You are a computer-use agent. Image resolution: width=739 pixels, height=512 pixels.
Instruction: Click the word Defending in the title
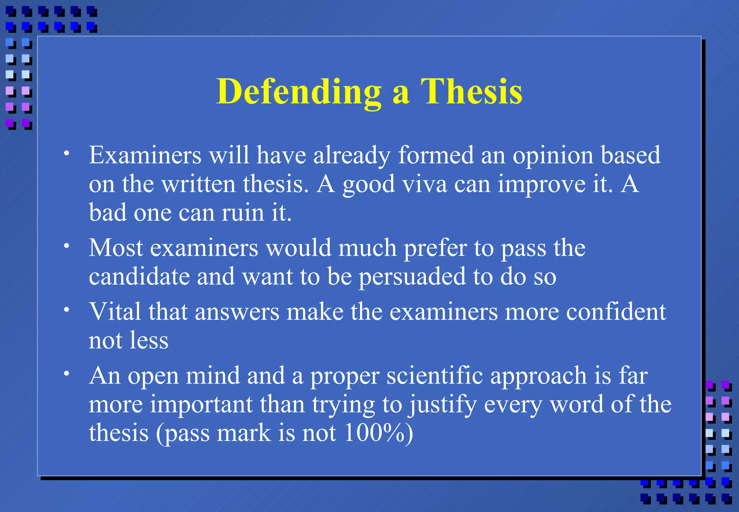[299, 92]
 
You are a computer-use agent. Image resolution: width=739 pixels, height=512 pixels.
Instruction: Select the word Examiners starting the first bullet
[145, 155]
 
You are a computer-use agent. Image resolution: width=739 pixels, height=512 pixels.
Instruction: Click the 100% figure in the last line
[374, 433]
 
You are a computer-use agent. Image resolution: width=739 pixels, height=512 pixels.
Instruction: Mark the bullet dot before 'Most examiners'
[66, 246]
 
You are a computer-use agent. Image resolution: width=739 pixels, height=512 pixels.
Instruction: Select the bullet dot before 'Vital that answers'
[66, 309]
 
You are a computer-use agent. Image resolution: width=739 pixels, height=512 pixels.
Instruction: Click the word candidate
[139, 277]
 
